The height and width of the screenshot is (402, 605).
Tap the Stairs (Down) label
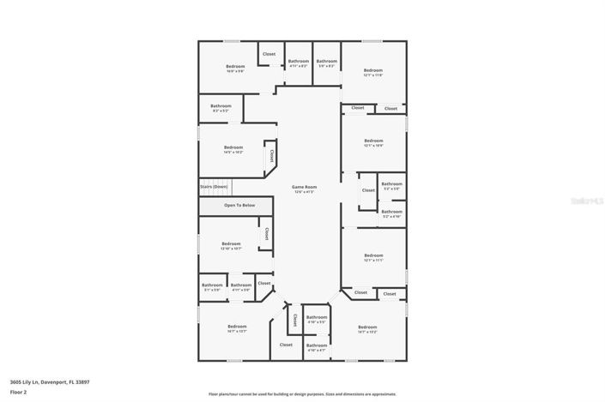[x=214, y=186]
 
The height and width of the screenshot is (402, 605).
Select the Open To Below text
[x=239, y=206]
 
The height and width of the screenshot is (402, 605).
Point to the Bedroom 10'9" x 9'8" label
[x=235, y=69]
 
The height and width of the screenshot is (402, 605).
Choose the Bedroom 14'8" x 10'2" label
[x=233, y=149]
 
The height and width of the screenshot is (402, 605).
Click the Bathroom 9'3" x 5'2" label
[x=221, y=108]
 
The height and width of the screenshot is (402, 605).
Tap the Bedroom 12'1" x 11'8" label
[x=372, y=72]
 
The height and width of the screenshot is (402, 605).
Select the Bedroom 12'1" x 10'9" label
[x=373, y=142]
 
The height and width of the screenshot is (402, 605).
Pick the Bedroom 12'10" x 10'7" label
[x=231, y=246]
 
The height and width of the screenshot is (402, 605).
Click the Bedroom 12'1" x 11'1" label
[x=373, y=257]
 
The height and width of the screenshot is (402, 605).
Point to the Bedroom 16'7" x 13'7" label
[x=237, y=328]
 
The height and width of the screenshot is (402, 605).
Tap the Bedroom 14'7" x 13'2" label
[x=367, y=329]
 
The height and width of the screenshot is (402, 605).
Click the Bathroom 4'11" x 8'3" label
[x=299, y=63]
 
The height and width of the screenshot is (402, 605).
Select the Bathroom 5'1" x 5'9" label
[x=212, y=287]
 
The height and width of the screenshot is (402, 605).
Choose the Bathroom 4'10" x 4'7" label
[x=317, y=347]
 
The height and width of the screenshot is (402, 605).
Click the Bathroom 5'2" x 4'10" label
[x=391, y=213]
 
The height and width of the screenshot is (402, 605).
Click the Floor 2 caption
[x=19, y=392]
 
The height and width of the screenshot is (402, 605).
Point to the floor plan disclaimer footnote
[x=302, y=394]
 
